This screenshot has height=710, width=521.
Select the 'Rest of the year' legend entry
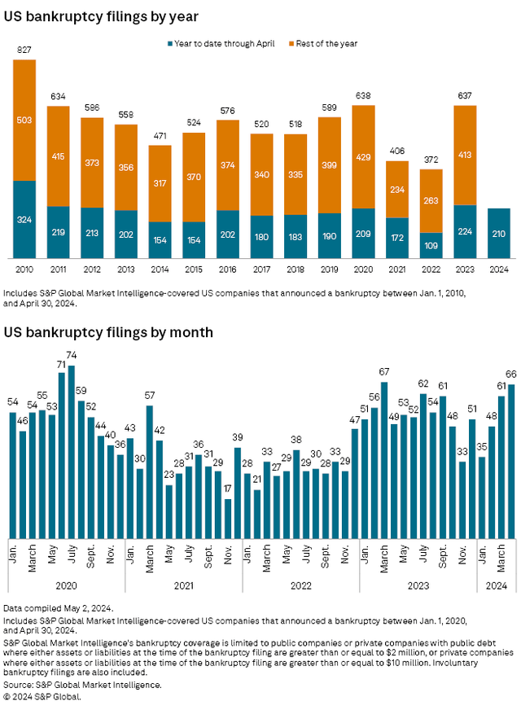coord(323,43)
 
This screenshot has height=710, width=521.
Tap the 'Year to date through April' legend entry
coord(221,43)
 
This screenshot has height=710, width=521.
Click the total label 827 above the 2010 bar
coord(24,51)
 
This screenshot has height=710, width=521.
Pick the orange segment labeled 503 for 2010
coord(24,121)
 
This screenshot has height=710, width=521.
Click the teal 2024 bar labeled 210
coord(499,233)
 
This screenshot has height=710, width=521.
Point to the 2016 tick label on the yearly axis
coord(228,268)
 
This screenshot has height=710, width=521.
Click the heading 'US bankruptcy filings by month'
coord(108,332)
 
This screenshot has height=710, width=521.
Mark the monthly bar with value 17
coord(228,518)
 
